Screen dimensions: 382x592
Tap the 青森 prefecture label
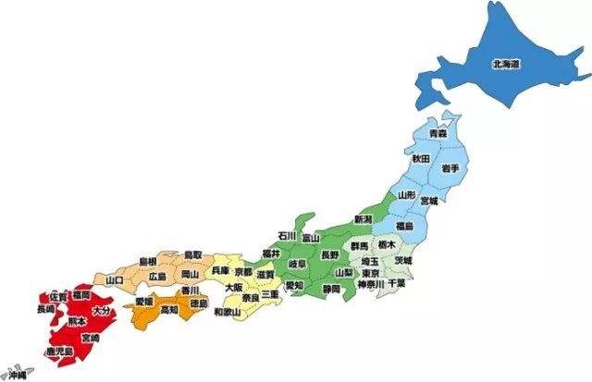point(426,135)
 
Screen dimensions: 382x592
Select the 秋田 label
point(421,159)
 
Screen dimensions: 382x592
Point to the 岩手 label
point(450,166)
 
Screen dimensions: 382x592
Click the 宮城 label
point(429,201)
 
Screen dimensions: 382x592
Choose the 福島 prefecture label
point(404,226)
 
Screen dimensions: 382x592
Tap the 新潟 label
point(363,219)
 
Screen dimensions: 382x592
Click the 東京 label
point(371,274)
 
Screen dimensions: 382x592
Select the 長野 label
point(330,253)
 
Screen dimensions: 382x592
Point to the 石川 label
point(288,237)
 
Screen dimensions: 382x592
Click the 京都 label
point(243,272)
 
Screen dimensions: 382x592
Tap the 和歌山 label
point(227,313)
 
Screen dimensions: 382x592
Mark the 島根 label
point(148,262)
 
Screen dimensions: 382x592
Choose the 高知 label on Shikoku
point(170,311)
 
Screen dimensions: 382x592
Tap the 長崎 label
point(45,309)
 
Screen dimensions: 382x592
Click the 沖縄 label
point(18,376)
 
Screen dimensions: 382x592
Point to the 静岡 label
point(331,289)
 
